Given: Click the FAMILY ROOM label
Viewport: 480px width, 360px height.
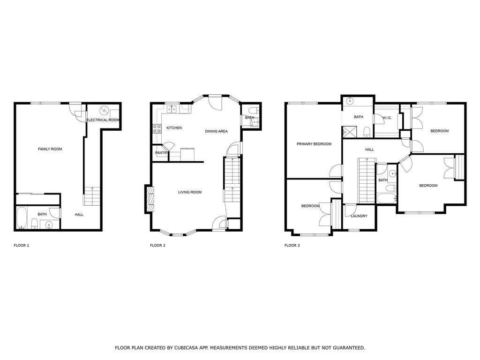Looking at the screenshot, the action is pyautogui.click(x=50, y=149).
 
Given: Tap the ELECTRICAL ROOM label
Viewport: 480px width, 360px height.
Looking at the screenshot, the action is pyautogui.click(x=103, y=120).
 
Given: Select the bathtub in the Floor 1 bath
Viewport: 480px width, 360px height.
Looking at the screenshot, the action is pyautogui.click(x=22, y=218).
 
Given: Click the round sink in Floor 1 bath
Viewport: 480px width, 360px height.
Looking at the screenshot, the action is pyautogui.click(x=49, y=225).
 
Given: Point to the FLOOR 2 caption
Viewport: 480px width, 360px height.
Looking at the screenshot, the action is pyautogui.click(x=157, y=245).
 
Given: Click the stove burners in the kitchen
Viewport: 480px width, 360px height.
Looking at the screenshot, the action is pyautogui.click(x=157, y=128).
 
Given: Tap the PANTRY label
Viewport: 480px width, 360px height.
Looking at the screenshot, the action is pyautogui.click(x=161, y=153).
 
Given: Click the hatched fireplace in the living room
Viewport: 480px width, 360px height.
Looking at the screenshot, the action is pyautogui.click(x=150, y=199).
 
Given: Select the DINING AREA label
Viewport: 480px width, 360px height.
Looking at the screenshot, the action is pyautogui.click(x=216, y=131).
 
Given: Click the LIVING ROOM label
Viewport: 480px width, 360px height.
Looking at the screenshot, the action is pyautogui.click(x=190, y=192).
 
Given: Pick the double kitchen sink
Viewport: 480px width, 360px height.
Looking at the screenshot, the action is pyautogui.click(x=172, y=109).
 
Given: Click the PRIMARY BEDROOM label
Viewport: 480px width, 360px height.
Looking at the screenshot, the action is pyautogui.click(x=314, y=144).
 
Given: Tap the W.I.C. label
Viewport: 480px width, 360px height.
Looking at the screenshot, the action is pyautogui.click(x=387, y=118).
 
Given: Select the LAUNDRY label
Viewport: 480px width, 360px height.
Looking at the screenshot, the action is pyautogui.click(x=359, y=216).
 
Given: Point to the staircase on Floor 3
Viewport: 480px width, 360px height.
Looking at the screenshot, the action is pyautogui.click(x=367, y=180).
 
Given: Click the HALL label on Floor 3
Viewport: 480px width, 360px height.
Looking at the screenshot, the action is pyautogui.click(x=369, y=150).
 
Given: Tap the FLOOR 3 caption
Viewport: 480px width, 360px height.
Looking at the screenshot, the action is pyautogui.click(x=292, y=245).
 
